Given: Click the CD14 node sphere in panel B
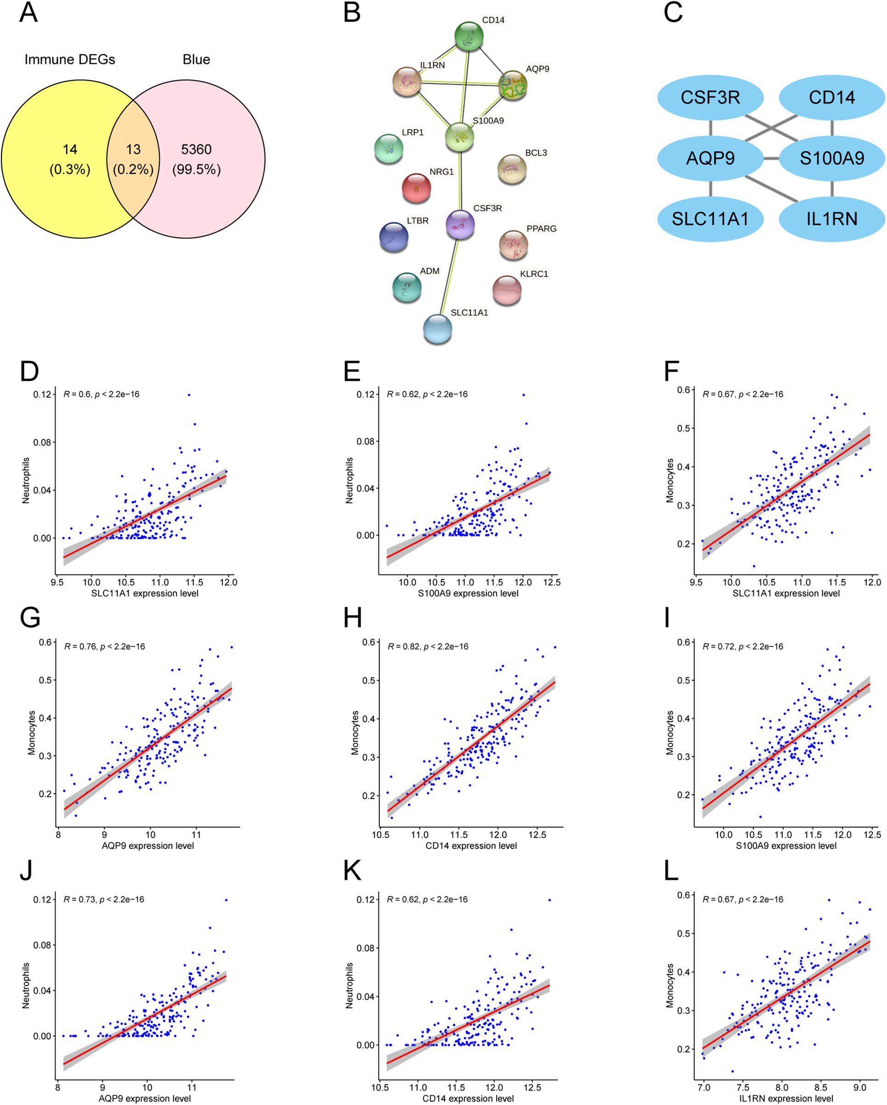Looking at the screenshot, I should (469, 36).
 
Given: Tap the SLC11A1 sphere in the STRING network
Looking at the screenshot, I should (437, 329).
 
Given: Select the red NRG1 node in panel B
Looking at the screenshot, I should (416, 187).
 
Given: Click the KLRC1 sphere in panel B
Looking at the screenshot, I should (507, 289).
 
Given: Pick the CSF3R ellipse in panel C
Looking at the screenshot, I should (710, 97).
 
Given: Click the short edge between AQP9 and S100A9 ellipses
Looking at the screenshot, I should (771, 159).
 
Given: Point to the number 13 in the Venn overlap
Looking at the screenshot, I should (133, 149).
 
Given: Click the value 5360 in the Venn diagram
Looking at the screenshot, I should (196, 149).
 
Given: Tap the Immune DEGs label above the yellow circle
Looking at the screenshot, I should (70, 59).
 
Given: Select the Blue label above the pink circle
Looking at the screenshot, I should (196, 59).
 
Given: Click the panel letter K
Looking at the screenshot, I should (352, 870).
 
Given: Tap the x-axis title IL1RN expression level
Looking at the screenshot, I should (785, 1098).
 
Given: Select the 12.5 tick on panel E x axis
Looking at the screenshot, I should (551, 582).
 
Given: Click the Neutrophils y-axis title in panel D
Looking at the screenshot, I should (26, 480).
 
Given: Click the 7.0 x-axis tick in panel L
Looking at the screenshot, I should (704, 1088).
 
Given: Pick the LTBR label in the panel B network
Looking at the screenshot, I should (418, 221).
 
